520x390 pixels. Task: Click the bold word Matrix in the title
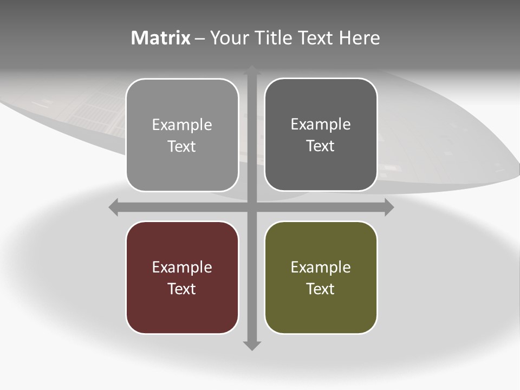161,38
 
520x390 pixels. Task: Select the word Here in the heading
360,38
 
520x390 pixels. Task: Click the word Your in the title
227,38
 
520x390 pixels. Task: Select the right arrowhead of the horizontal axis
389,207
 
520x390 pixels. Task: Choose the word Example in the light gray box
182,125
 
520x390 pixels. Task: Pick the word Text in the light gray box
182,147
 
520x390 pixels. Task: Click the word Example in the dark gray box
321,125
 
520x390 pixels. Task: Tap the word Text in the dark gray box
321,146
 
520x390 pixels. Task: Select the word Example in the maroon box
182,268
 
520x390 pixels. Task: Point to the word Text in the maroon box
182,289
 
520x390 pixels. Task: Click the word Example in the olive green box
321,268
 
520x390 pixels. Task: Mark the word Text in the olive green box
321,289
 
